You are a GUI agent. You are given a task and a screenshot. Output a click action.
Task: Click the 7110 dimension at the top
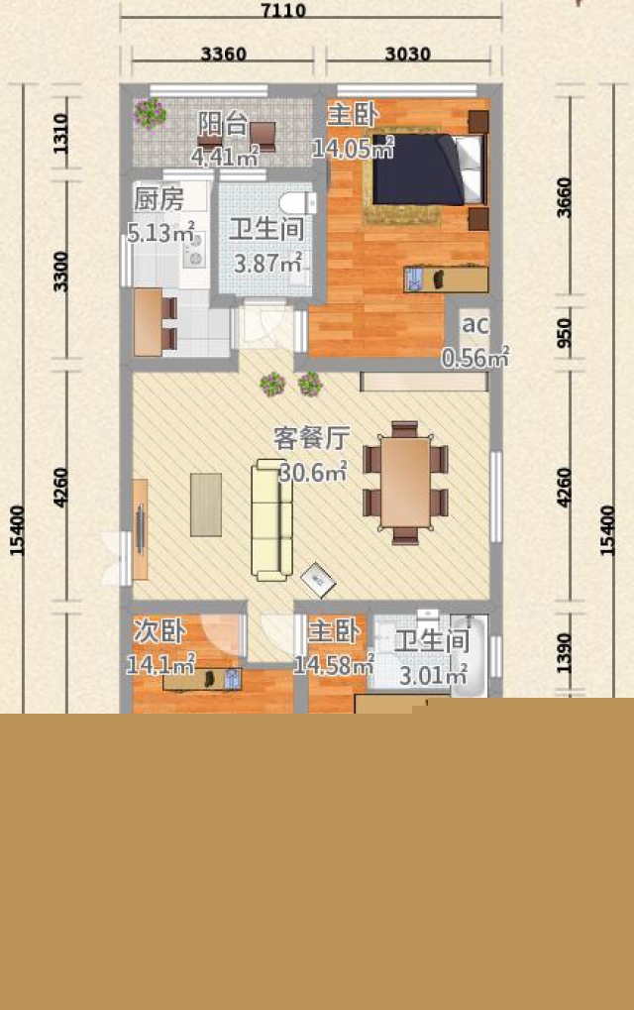coord(283,10)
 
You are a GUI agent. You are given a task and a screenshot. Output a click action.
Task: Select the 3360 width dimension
coord(223,54)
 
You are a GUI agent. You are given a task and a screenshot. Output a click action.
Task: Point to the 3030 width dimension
coord(407,54)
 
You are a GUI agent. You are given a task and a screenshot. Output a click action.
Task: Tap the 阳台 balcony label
coord(223,124)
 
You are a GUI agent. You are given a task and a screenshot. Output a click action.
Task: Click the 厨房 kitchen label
coord(158,199)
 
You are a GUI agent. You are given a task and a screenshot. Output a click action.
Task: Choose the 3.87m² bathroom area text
coord(267,262)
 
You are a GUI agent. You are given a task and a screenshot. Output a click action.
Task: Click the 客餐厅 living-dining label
coord(312,438)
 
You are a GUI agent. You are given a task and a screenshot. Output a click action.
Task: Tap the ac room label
coord(475,324)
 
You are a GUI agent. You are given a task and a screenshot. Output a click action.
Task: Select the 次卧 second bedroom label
coord(159,630)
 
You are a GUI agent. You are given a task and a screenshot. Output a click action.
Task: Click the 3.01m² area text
coord(433,675)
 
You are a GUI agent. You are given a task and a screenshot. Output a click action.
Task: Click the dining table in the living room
coord(405,483)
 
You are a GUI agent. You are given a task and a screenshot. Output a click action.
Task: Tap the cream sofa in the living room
coord(271,519)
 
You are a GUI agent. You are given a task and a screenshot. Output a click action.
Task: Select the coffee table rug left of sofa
coord(206,505)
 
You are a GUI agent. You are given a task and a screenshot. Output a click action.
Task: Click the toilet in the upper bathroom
coord(298,201)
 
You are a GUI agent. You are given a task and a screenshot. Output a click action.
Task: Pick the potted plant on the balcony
coord(151,113)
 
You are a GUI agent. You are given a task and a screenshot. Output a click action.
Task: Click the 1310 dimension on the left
coord(59,134)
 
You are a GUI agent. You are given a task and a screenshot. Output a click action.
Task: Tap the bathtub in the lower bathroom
coord(469,656)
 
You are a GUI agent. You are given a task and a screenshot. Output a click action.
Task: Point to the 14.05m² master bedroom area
coord(353,149)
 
